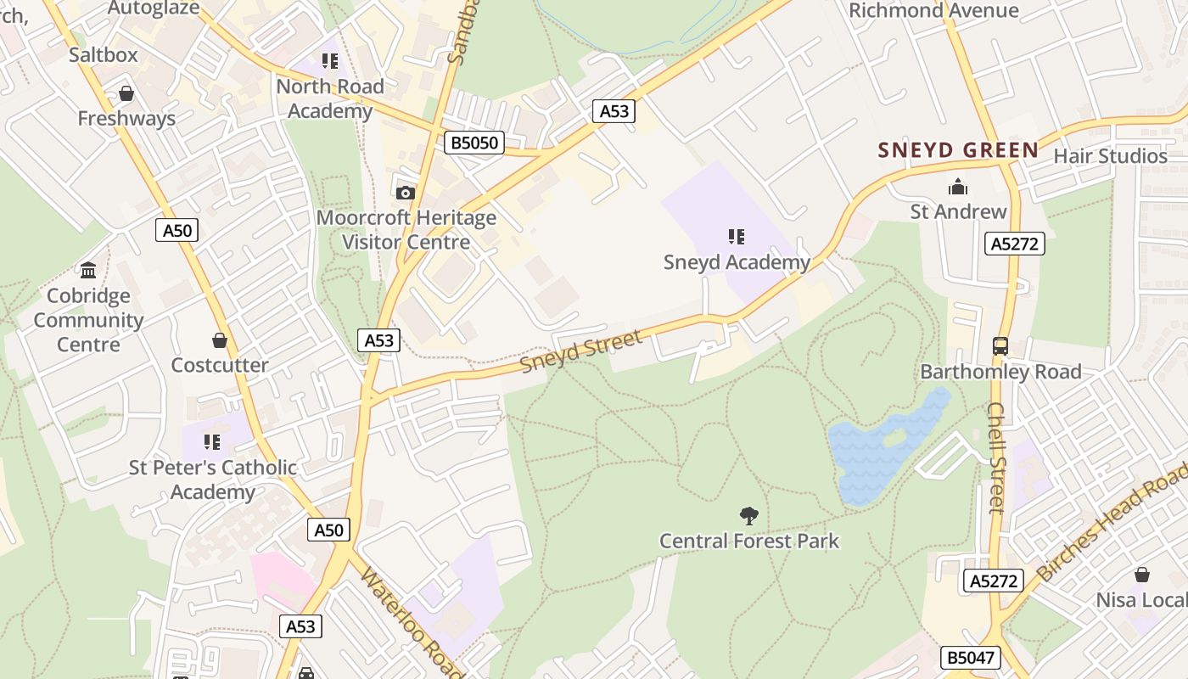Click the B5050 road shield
pyautogui.click(x=474, y=143)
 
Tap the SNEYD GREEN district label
pyautogui.click(x=958, y=151)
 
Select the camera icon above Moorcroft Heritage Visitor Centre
pyautogui.click(x=406, y=193)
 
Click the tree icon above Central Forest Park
pyautogui.click(x=748, y=514)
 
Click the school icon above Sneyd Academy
pyautogui.click(x=736, y=236)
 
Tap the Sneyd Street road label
pyautogui.click(x=581, y=351)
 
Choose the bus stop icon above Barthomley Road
pyautogui.click(x=1000, y=346)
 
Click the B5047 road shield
pyautogui.click(x=971, y=658)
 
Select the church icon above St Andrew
pyautogui.click(x=958, y=187)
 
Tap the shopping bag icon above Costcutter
pyautogui.click(x=220, y=340)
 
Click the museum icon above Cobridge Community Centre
pyautogui.click(x=88, y=271)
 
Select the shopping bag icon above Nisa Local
pyautogui.click(x=1142, y=575)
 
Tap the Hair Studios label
pyautogui.click(x=1110, y=156)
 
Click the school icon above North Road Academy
pyautogui.click(x=330, y=61)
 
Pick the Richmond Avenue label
pyautogui.click(x=933, y=10)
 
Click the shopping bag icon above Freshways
pyautogui.click(x=126, y=93)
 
